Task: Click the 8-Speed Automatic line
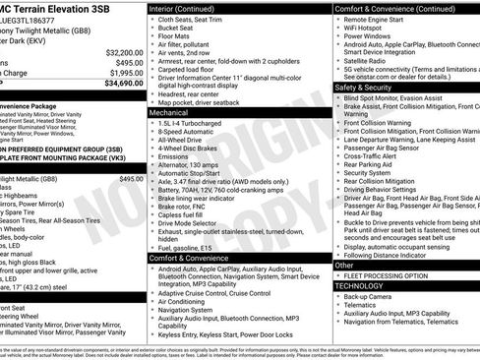point(188,131)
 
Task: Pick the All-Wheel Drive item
point(184,140)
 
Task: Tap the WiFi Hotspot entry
point(369,30)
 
